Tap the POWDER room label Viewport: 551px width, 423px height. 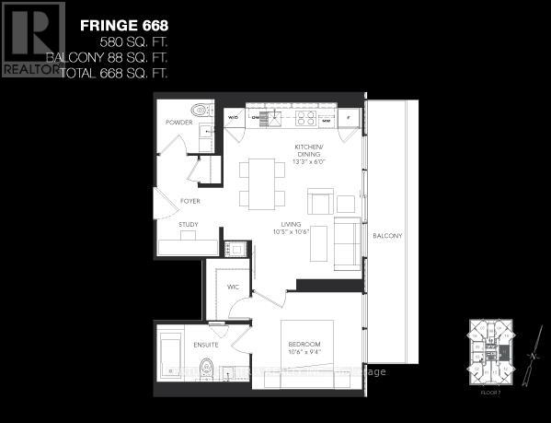click(x=179, y=122)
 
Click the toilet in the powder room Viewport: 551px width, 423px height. click(x=206, y=118)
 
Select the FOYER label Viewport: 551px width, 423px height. click(x=189, y=200)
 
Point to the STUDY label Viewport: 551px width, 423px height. click(x=188, y=224)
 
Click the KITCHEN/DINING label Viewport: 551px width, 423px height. click(x=309, y=151)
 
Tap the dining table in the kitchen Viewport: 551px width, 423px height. click(x=262, y=181)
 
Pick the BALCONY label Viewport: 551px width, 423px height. click(x=387, y=237)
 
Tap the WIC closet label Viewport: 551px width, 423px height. click(x=233, y=287)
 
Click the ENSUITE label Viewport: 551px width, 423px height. click(x=204, y=346)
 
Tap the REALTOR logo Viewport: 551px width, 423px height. click(x=33, y=38)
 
